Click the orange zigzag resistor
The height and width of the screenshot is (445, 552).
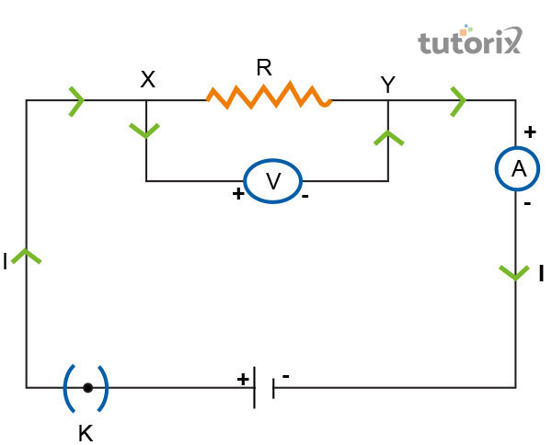coord(268,97)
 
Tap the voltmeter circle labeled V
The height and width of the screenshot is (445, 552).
coord(272,181)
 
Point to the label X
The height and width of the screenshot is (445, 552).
coord(147,80)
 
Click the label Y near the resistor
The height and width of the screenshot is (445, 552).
coord(387,85)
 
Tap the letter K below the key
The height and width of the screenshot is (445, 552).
coord(86,432)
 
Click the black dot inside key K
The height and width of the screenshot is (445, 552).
coord(87,388)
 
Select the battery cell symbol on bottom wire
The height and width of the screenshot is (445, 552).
coord(264,388)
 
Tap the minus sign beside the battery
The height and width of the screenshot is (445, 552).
coord(286,376)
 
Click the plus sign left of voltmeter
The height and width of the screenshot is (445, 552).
coord(238,194)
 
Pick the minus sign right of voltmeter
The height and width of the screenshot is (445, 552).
coord(305,196)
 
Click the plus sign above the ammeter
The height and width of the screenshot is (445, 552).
coord(529,131)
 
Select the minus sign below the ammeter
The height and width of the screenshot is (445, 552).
coord(526,204)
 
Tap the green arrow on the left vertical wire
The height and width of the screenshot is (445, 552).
coord(27,257)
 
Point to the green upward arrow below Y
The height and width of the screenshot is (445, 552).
coord(388,138)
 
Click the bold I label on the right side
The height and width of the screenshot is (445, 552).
coord(541,272)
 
